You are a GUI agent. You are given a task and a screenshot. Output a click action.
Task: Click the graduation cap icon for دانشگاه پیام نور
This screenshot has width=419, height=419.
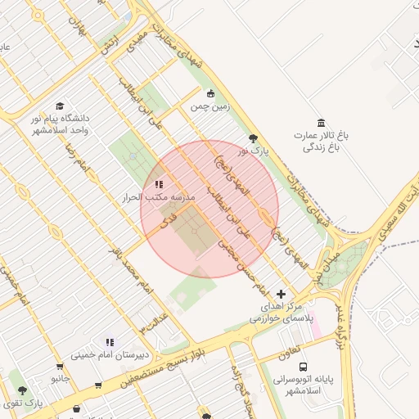(59, 106)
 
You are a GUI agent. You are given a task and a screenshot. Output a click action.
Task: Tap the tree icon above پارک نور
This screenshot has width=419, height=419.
(253, 138)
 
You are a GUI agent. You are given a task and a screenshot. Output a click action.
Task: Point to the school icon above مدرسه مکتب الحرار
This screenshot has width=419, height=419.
(158, 185)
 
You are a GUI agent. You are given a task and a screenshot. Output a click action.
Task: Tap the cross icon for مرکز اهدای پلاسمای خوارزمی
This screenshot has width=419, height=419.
(282, 294)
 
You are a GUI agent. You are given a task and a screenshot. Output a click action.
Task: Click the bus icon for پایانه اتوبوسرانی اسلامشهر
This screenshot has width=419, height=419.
(304, 367)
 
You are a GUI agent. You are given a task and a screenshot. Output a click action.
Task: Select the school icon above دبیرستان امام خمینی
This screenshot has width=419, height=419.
(110, 342)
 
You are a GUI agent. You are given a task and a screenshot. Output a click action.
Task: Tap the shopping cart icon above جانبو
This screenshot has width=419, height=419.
(59, 367)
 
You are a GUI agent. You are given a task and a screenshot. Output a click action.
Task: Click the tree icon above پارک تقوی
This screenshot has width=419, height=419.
(22, 390)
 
